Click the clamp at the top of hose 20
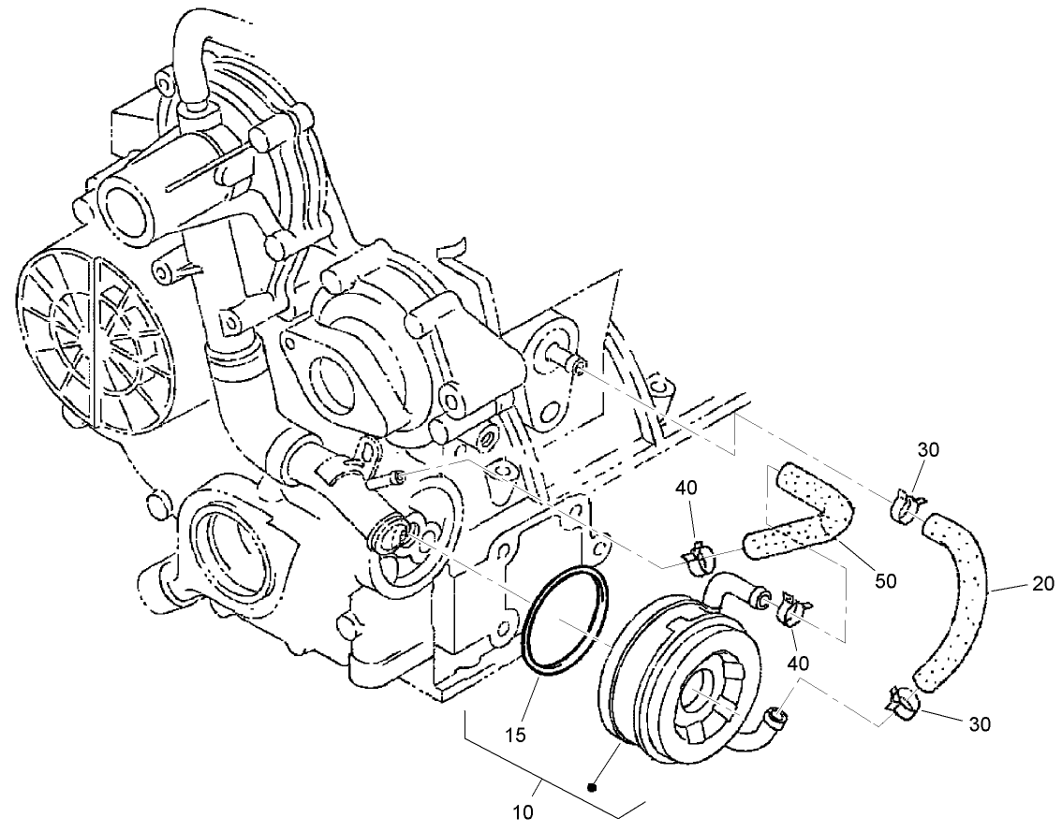[906, 509]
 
